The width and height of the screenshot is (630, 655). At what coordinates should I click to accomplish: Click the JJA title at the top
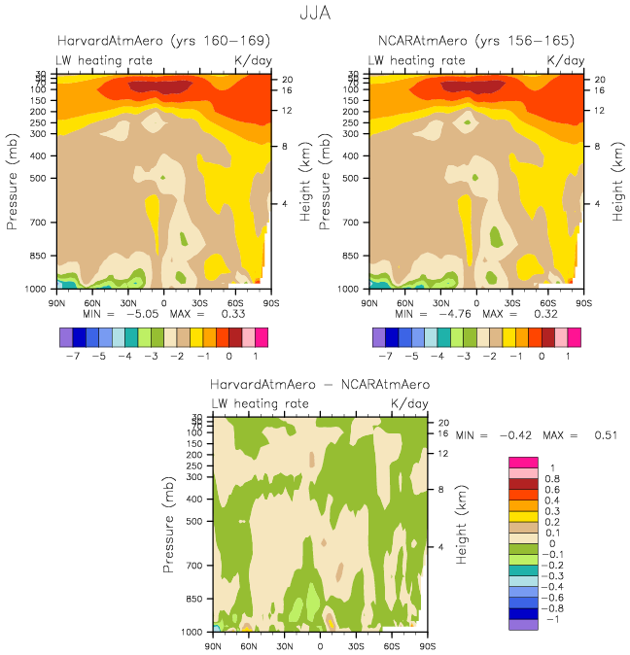pyautogui.click(x=315, y=14)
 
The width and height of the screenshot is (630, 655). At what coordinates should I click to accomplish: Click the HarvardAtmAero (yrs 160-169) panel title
pyautogui.click(x=163, y=42)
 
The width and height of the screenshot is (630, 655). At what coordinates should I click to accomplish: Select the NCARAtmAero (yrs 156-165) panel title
pyautogui.click(x=475, y=42)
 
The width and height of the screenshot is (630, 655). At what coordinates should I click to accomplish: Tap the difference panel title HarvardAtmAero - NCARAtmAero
pyautogui.click(x=320, y=385)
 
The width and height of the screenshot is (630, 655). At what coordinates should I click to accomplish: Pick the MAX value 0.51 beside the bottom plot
pyautogui.click(x=605, y=435)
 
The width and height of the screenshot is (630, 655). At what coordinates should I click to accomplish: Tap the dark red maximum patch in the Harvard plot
pyautogui.click(x=160, y=87)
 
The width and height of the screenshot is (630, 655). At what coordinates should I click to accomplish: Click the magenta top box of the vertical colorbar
pyautogui.click(x=523, y=462)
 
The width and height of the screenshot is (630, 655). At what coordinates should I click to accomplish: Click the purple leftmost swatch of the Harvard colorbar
pyautogui.click(x=66, y=337)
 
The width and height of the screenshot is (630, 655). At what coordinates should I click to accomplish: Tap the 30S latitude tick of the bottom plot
pyautogui.click(x=356, y=645)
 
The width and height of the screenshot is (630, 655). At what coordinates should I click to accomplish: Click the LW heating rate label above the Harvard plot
pyautogui.click(x=104, y=60)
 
